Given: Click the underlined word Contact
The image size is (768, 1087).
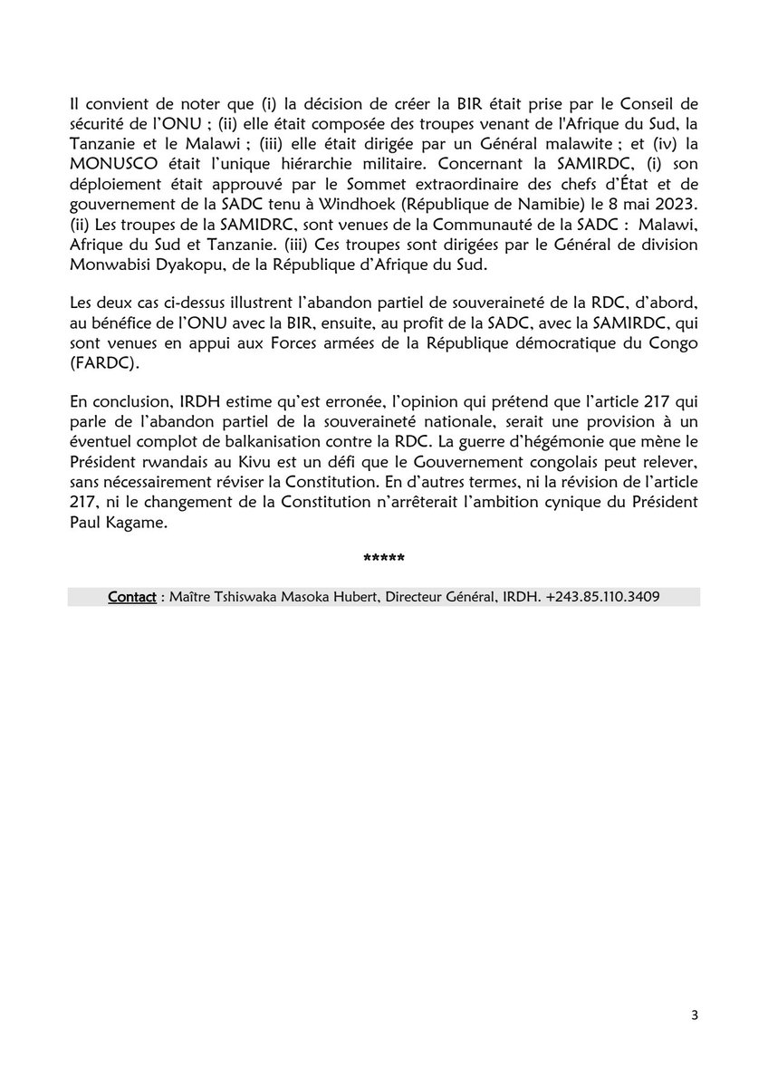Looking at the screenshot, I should (x=131, y=597).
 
